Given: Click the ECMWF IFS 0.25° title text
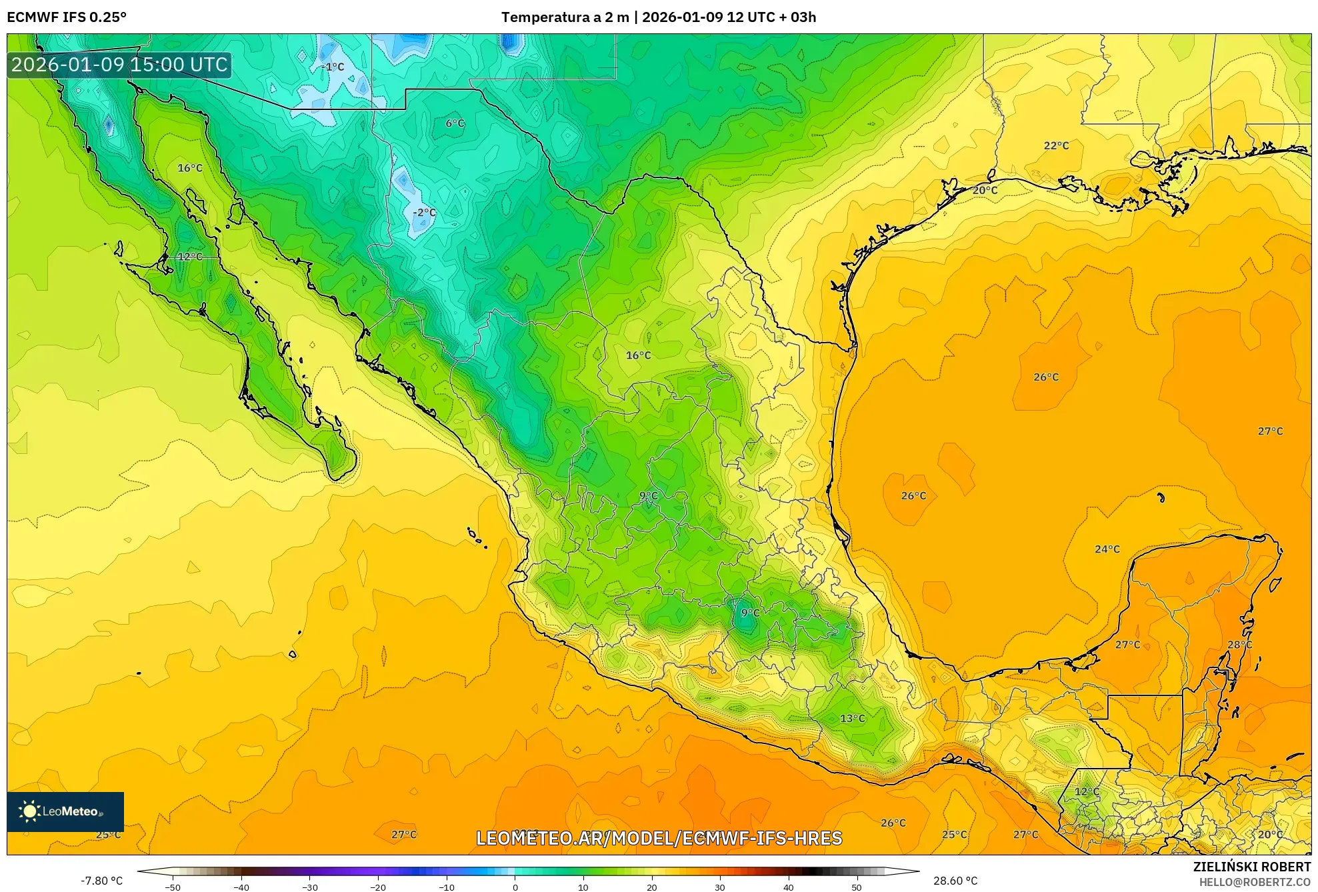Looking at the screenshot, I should (x=67, y=17).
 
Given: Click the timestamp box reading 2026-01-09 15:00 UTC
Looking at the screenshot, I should (x=119, y=65).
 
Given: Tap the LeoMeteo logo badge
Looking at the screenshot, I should (x=65, y=811).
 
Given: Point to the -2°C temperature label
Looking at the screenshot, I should (x=424, y=213).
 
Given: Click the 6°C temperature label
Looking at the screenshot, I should (x=455, y=123).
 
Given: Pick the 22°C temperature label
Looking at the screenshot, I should (x=1056, y=145).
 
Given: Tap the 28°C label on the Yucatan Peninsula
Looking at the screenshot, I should (x=1239, y=645).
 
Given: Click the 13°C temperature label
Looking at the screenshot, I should (x=852, y=718).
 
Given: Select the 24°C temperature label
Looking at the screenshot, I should (x=1107, y=549).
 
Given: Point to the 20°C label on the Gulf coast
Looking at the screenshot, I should (x=985, y=190).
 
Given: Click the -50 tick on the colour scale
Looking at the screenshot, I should (x=173, y=887).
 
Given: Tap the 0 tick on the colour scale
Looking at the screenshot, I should (x=515, y=887).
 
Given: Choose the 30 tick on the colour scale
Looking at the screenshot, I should (x=720, y=887).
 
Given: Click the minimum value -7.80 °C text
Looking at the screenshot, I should (x=102, y=881).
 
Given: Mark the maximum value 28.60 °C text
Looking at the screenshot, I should (x=955, y=881).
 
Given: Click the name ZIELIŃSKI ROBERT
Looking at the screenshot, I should (x=1251, y=867).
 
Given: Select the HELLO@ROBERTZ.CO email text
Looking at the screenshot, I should (x=1255, y=882).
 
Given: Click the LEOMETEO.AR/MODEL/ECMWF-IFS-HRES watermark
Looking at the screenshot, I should (x=659, y=838).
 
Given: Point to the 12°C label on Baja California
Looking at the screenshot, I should (x=189, y=257).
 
